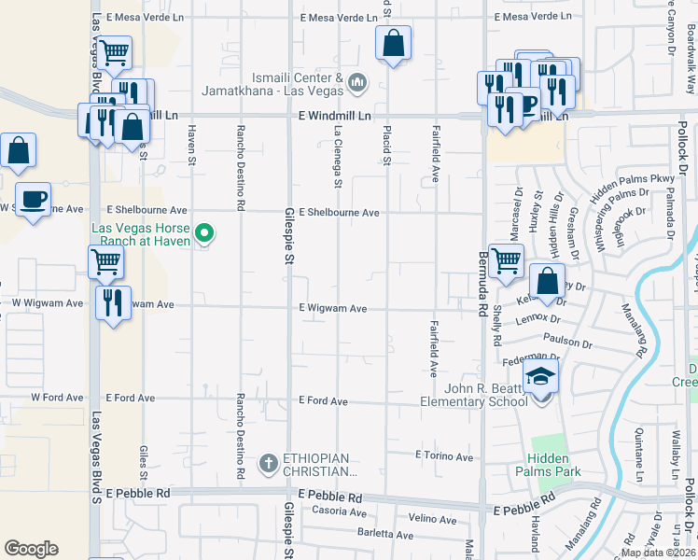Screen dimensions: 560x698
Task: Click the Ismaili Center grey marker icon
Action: pyautogui.click(x=356, y=84)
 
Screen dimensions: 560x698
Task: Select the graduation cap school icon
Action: pyautogui.click(x=539, y=377)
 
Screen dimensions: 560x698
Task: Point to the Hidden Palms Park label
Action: pyautogui.click(x=553, y=465)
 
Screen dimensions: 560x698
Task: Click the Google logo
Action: pyautogui.click(x=31, y=549)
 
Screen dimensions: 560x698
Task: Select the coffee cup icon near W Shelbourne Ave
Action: pyautogui.click(x=33, y=199)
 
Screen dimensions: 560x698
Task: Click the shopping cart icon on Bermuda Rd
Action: pyautogui.click(x=506, y=260)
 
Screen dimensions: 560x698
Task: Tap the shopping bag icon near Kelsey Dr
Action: pyautogui.click(x=547, y=280)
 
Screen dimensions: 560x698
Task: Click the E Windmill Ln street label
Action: pyautogui.click(x=335, y=115)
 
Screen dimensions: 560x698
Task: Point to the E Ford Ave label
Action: pyautogui.click(x=323, y=401)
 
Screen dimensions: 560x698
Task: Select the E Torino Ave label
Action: pyautogui.click(x=444, y=456)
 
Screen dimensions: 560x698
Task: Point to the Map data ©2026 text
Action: pyautogui.click(x=658, y=553)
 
